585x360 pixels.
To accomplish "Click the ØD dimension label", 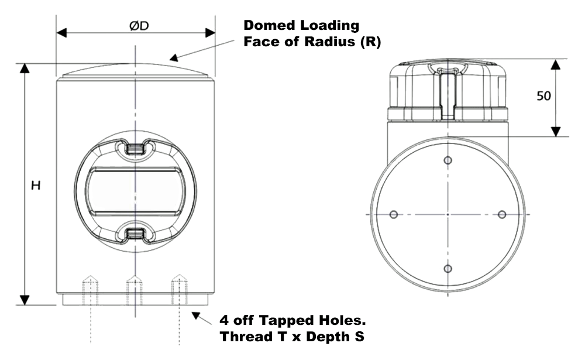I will (x=135, y=26).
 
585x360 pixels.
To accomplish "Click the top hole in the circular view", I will (x=448, y=160).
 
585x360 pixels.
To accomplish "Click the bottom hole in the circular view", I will (x=448, y=269).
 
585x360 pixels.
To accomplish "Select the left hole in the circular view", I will (x=393, y=215).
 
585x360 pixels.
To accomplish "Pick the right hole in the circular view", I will (x=501, y=215).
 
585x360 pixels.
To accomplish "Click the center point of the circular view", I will (x=448, y=215).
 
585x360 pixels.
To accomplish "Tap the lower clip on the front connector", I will (x=135, y=235).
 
